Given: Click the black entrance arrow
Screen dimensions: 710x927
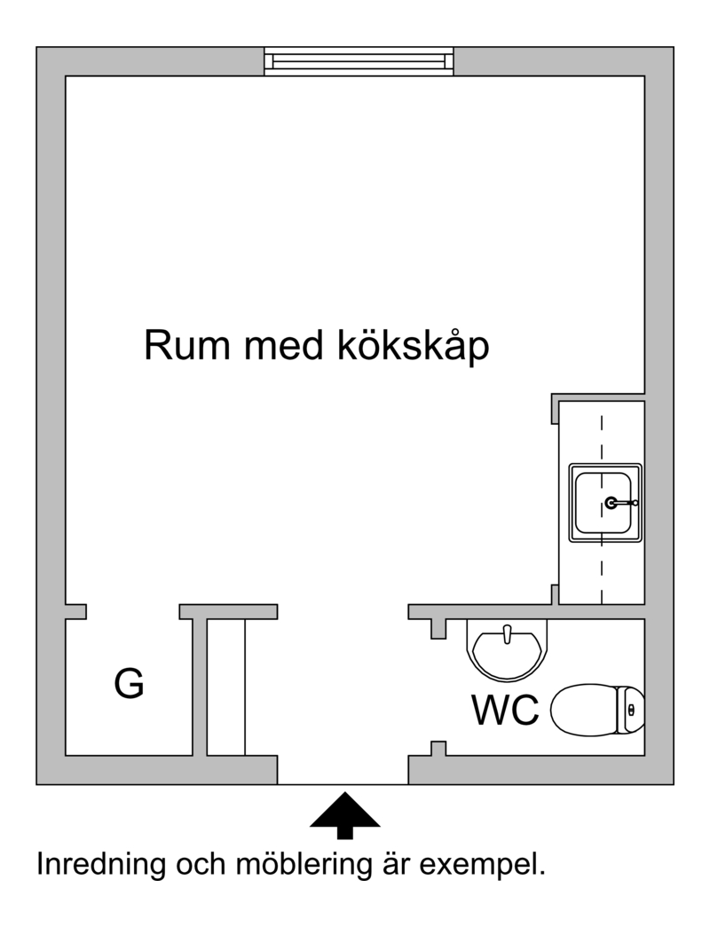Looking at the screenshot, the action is tap(344, 816).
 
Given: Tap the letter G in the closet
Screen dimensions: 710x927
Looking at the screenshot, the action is tap(129, 683).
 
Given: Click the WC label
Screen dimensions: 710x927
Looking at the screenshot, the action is tap(505, 710).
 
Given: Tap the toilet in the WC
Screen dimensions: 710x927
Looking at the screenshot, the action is tap(597, 710).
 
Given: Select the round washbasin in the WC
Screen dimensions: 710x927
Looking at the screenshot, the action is tap(507, 649).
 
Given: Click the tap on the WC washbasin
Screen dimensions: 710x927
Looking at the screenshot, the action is tap(507, 633).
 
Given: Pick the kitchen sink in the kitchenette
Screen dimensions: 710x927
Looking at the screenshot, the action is tap(605, 502).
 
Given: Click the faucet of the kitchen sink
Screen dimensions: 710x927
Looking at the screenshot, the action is tap(620, 503).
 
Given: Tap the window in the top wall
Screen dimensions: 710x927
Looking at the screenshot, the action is tap(359, 61).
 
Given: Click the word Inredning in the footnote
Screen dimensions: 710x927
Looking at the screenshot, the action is tap(101, 865).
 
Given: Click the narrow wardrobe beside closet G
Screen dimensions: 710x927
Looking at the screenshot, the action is tap(225, 687).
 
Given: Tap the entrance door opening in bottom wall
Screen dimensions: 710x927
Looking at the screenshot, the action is tap(343, 784).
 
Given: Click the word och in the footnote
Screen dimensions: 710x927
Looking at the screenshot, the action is tap(201, 865).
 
